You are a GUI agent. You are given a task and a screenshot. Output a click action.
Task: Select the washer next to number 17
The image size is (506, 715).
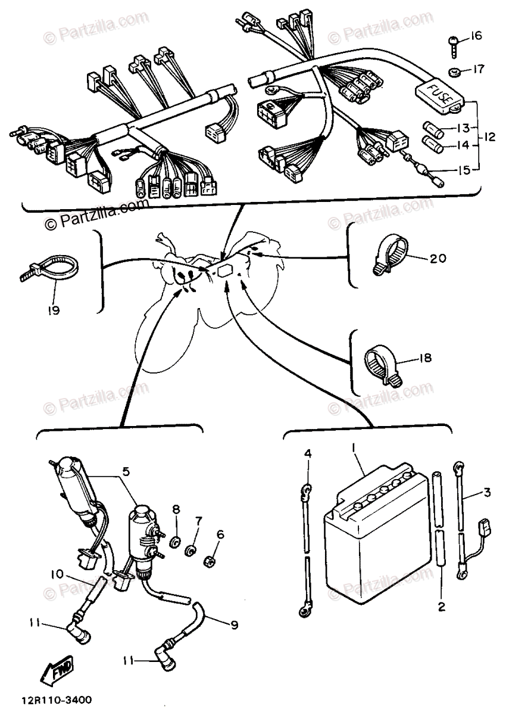tap(454, 72)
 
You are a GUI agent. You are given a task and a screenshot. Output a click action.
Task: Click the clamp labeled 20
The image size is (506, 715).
tap(389, 256)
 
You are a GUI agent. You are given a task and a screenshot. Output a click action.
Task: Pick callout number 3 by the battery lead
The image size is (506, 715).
tap(487, 493)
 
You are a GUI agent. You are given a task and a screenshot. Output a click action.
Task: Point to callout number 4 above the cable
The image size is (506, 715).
tap(308, 454)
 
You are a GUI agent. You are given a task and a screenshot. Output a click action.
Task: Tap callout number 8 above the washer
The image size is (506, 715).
tap(176, 510)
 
